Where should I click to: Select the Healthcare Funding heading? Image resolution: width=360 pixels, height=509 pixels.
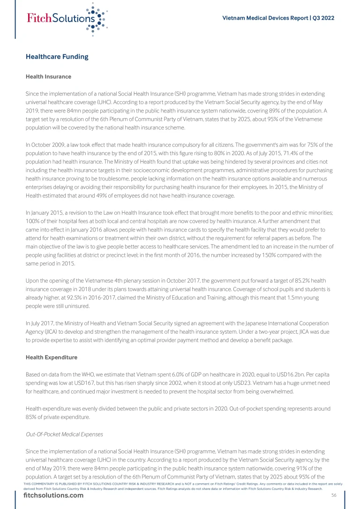57,57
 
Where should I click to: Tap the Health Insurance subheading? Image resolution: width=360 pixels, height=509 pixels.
48,76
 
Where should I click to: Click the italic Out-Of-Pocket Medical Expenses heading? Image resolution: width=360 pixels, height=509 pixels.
64,434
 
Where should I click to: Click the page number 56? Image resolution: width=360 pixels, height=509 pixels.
334,495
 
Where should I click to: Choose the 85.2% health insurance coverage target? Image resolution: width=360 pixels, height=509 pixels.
293,280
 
